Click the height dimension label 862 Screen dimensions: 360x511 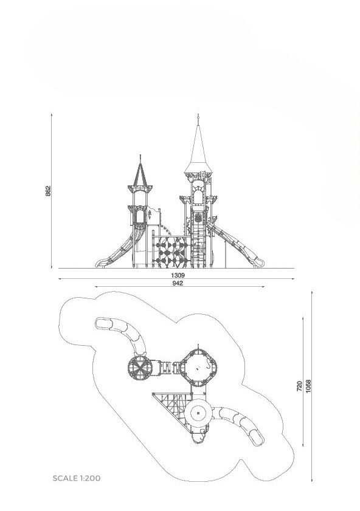48,191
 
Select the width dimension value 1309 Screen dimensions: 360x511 178,276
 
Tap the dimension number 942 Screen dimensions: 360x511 178,283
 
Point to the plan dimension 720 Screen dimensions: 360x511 299,386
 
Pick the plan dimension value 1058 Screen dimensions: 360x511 308,386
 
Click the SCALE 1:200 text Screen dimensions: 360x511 77,478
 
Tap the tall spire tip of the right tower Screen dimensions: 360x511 198,115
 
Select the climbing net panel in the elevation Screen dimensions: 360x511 171,252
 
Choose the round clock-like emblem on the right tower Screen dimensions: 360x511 198,218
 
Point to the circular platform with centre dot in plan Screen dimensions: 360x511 198,413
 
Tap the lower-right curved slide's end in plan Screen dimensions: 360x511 257,439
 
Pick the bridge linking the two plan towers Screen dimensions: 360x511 166,368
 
